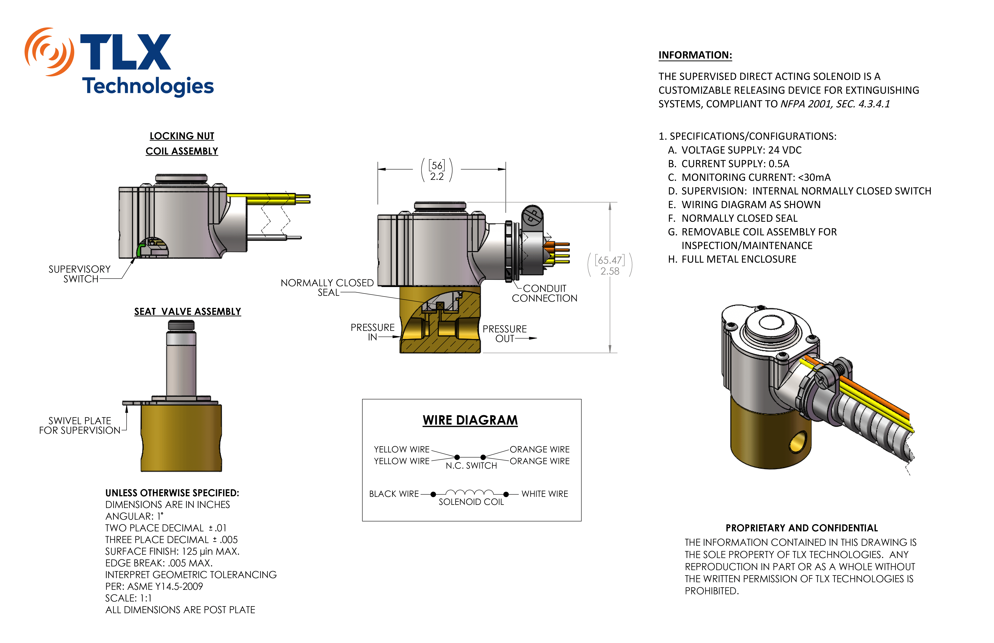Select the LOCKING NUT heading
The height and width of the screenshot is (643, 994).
tap(182, 136)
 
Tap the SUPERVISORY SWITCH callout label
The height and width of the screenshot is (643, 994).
tap(79, 274)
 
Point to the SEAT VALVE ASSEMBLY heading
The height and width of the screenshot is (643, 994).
tap(187, 312)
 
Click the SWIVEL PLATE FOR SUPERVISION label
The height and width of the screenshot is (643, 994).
tap(79, 426)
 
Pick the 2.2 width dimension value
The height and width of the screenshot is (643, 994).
tap(437, 177)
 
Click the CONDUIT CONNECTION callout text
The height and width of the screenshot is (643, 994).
tap(545, 293)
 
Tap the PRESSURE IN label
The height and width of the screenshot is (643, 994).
tap(372, 332)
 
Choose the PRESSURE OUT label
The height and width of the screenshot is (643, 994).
tap(505, 334)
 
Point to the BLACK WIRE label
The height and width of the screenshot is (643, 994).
tap(394, 494)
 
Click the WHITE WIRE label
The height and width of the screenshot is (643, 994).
tap(545, 494)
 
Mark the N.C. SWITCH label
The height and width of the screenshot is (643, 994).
tap(471, 465)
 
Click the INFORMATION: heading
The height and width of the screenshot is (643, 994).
tap(695, 55)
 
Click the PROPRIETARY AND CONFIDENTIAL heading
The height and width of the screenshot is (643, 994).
tap(801, 528)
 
